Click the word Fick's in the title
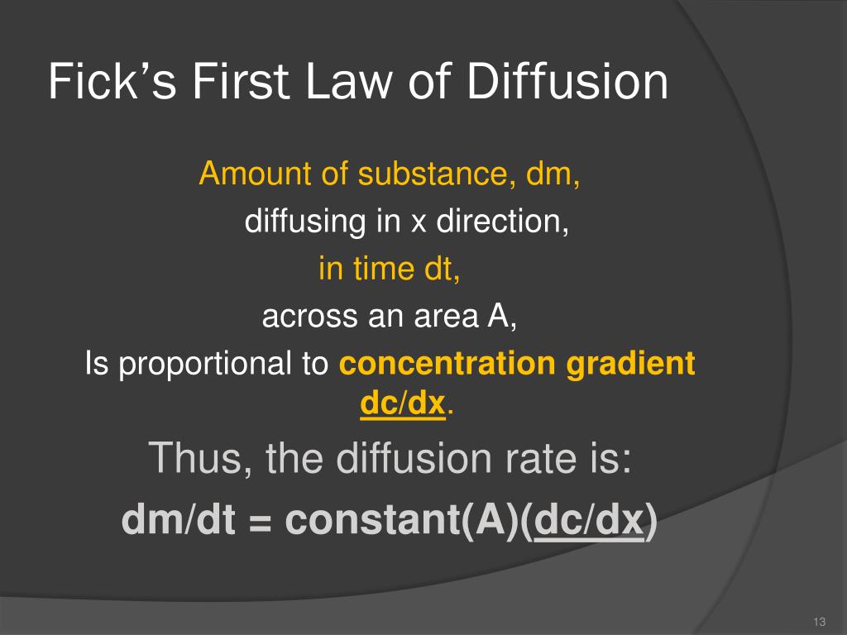(x=112, y=82)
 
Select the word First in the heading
(x=241, y=82)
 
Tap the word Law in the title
(x=349, y=82)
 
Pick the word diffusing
(x=305, y=222)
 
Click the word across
(x=310, y=317)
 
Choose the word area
(x=446, y=317)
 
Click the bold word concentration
(x=447, y=363)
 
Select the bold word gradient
(x=630, y=365)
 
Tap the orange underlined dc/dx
(x=403, y=403)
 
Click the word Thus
(x=199, y=458)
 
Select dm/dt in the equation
(x=179, y=520)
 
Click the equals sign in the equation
(x=261, y=523)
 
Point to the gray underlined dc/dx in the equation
(x=589, y=520)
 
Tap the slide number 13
(x=819, y=622)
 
